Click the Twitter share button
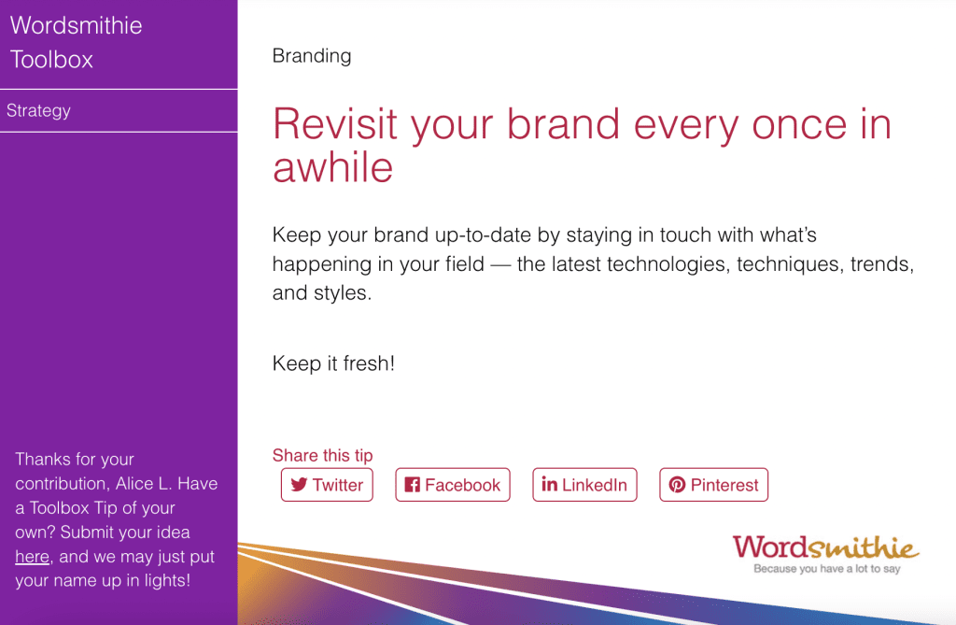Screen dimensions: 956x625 tap(327, 485)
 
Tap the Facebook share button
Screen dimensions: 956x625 tap(453, 485)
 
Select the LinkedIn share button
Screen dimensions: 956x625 tap(584, 485)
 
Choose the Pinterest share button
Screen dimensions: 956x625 tap(713, 485)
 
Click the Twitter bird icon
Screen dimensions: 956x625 tap(299, 485)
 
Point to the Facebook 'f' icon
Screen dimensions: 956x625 tap(412, 485)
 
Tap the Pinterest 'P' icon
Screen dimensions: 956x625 tap(677, 485)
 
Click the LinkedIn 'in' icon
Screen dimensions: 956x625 tap(549, 484)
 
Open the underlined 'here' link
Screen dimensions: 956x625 tap(33, 557)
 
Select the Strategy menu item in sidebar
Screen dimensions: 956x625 tap(38, 110)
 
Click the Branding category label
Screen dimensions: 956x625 tap(312, 56)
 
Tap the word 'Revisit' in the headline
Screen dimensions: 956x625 tap(335, 124)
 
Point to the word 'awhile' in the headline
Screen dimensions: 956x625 tap(333, 168)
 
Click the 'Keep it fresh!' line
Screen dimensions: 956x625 tap(333, 363)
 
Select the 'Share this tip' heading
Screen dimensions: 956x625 tap(322, 455)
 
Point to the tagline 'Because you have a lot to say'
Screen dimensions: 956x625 tap(827, 569)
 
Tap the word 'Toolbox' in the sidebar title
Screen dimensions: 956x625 tap(52, 60)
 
